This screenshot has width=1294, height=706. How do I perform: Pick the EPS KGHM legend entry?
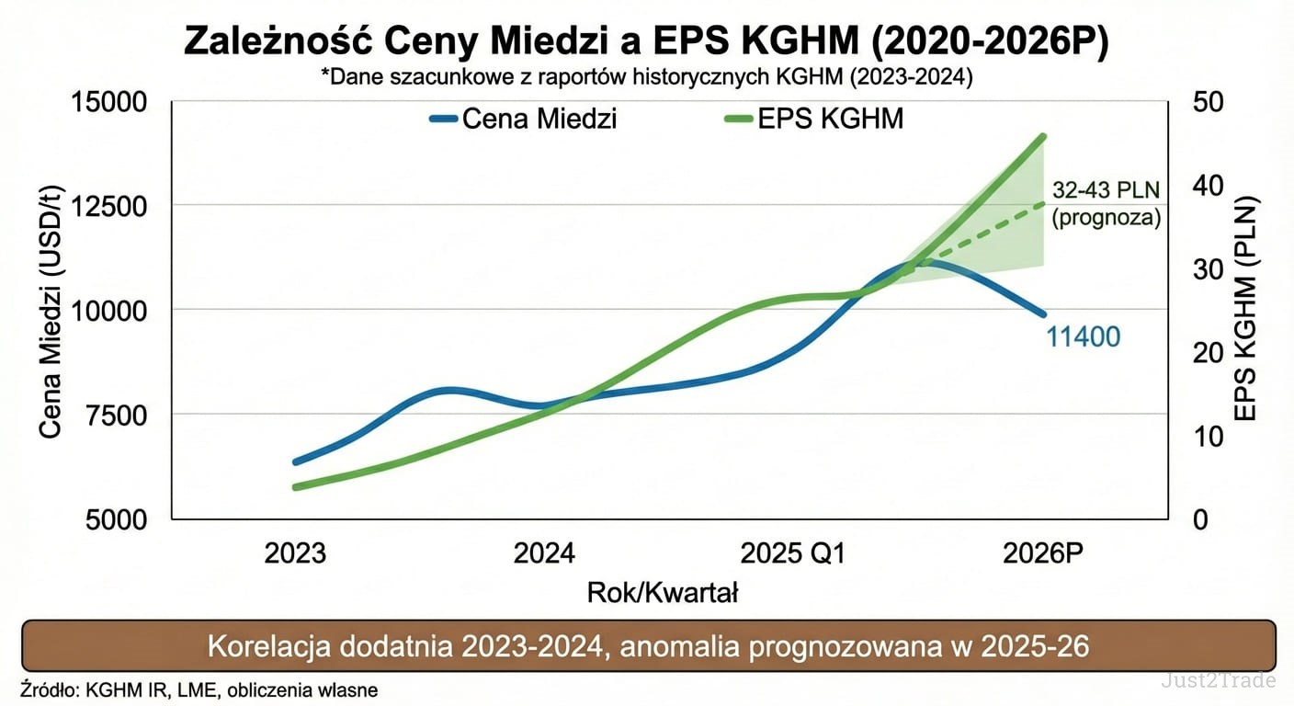tap(814, 119)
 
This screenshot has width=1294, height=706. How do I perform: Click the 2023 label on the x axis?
tap(295, 553)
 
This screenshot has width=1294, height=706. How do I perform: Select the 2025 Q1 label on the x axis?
tap(793, 553)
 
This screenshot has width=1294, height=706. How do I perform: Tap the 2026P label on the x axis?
tap(1043, 553)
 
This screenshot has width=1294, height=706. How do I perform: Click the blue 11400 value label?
tap(1084, 336)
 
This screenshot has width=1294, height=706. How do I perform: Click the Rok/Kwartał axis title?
tap(663, 593)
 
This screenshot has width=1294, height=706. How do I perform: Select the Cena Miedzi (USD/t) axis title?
tap(51, 311)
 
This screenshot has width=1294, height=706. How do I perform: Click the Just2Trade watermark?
tap(1217, 681)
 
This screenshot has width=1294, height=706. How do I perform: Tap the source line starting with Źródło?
tap(198, 689)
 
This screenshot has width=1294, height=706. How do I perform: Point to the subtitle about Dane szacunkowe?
tap(646, 78)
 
